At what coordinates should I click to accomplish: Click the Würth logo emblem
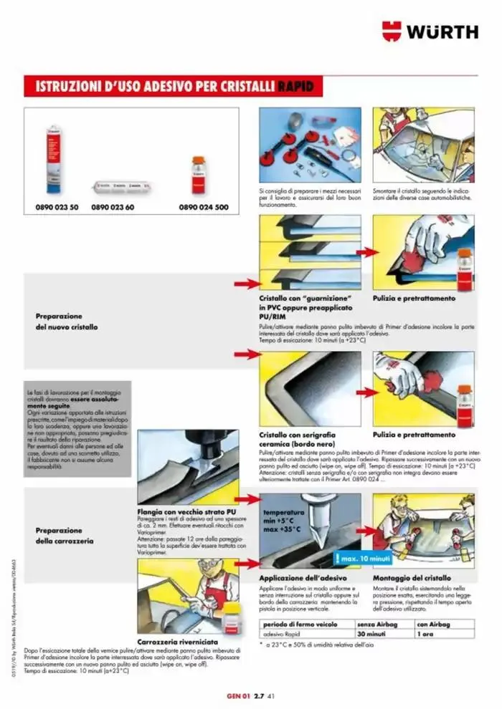392,31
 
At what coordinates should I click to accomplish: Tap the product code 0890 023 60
113,207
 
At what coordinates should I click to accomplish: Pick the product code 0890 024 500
203,207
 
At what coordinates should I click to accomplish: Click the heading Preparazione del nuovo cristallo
67,321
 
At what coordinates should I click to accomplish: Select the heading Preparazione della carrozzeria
65,536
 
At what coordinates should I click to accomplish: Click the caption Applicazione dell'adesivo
303,577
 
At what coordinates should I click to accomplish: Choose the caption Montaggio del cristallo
412,577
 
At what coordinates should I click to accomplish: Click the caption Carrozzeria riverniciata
182,641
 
